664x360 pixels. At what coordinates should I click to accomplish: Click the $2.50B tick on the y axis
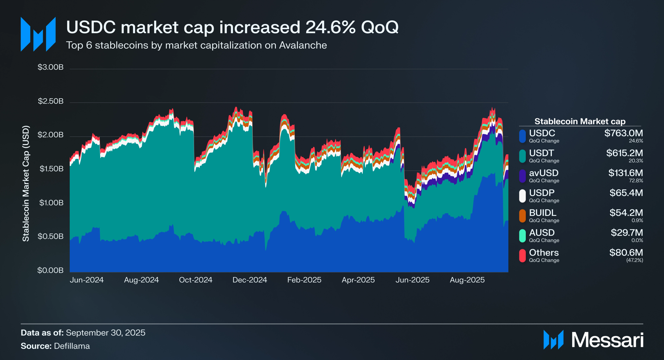[51, 101]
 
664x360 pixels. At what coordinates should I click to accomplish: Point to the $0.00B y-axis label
[50, 270]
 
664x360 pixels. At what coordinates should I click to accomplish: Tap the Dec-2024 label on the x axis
[250, 280]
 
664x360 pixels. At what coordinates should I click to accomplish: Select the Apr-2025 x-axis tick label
[358, 280]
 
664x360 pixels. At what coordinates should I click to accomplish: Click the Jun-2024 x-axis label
[86, 280]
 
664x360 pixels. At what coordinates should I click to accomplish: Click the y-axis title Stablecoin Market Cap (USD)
[26, 183]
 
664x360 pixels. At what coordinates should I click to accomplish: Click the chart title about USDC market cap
[232, 27]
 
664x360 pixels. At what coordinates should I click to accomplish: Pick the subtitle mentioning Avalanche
[196, 45]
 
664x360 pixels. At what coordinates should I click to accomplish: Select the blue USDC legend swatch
[522, 136]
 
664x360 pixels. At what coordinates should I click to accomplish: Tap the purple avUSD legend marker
[522, 176]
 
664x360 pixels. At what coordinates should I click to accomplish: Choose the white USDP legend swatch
[522, 196]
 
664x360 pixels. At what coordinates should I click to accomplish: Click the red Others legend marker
[522, 256]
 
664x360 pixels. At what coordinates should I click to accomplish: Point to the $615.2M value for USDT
[624, 153]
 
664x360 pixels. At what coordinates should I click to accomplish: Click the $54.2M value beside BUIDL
[626, 213]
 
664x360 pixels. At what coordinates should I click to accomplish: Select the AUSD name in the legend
[542, 233]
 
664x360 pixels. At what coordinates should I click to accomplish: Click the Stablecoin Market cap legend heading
[580, 121]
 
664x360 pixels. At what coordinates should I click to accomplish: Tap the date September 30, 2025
[105, 333]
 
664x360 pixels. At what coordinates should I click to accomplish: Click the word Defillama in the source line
[72, 346]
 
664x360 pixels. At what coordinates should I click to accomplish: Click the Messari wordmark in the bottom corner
[607, 340]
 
